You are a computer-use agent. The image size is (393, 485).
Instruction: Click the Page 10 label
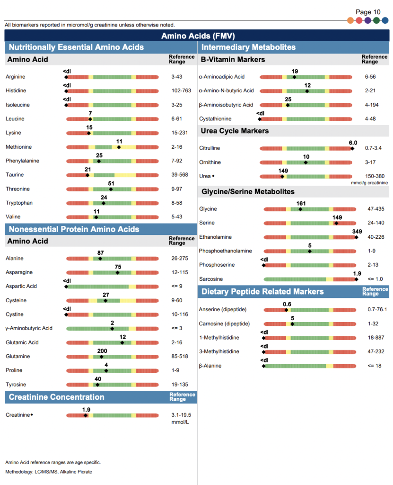coord(368,12)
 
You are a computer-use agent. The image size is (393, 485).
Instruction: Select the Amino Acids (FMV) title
coord(198,36)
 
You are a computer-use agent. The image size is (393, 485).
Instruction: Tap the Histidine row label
coord(16,90)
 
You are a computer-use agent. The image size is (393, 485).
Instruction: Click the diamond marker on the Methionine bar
coord(119,147)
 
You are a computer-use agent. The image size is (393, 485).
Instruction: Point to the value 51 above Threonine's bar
coord(111,183)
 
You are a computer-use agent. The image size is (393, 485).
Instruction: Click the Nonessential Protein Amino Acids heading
coord(74,229)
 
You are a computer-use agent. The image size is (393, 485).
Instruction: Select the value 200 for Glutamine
coord(102,351)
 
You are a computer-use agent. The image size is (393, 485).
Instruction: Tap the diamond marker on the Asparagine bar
coord(118,272)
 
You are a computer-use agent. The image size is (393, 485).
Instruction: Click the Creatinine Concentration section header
coord(56,397)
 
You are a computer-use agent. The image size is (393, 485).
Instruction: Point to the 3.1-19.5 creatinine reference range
coord(181,415)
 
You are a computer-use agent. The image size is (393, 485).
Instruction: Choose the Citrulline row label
coord(210,148)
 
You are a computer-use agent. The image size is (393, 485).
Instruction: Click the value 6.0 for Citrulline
coord(353,143)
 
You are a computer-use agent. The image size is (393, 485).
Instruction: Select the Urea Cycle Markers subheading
coord(235,131)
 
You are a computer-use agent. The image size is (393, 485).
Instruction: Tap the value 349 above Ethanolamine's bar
coord(357,231)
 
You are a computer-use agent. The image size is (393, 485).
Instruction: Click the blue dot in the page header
coord(385,20)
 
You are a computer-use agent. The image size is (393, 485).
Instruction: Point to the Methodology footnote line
coord(49,472)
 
